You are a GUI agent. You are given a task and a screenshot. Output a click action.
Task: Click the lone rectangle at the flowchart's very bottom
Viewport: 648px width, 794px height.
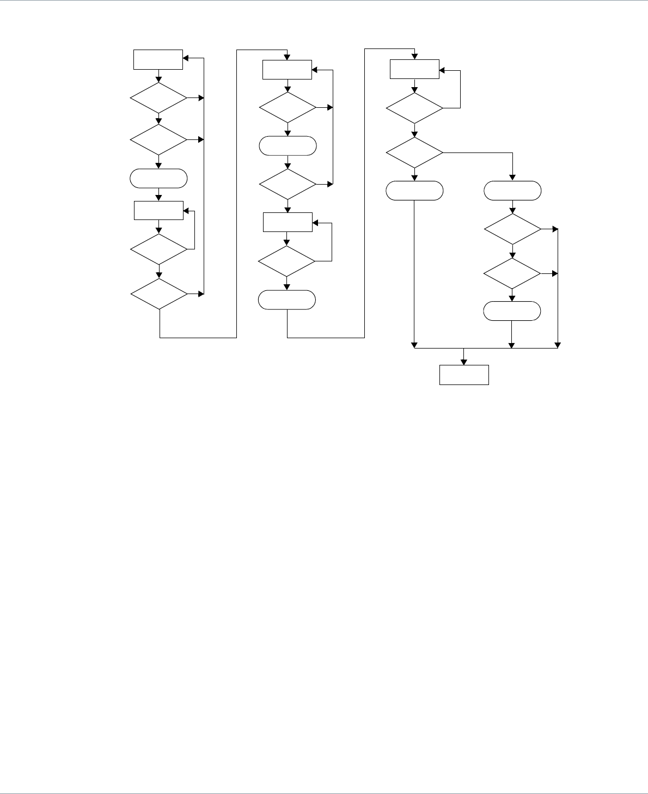click(x=464, y=375)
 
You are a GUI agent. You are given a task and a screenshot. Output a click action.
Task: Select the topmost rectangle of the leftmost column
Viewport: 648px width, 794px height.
click(x=158, y=59)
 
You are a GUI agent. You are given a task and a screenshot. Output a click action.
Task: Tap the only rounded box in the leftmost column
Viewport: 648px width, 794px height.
click(x=158, y=179)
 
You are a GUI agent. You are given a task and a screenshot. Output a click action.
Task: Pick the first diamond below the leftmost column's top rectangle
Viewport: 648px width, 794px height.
click(x=158, y=98)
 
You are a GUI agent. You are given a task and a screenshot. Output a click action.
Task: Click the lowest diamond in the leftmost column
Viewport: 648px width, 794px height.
click(x=158, y=295)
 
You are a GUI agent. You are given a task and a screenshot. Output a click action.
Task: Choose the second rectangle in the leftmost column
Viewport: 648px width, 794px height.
click(x=158, y=211)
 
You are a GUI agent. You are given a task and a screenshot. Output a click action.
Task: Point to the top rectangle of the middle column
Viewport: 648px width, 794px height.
click(x=288, y=70)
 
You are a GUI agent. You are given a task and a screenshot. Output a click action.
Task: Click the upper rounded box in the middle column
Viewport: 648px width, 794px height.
click(x=288, y=146)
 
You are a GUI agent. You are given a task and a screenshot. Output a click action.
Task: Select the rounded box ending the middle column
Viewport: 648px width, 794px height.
click(x=287, y=300)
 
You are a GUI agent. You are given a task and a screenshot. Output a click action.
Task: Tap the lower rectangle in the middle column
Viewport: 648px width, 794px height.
click(x=288, y=222)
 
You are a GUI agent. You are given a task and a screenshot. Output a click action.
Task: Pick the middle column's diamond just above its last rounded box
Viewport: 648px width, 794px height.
click(x=287, y=261)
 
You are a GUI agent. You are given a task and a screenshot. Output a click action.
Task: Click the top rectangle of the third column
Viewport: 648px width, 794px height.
click(x=415, y=69)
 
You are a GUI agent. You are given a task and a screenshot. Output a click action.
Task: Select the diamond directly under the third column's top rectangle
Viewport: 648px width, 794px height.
click(x=415, y=108)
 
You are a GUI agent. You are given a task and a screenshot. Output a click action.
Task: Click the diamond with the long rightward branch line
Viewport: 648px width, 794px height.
click(x=415, y=153)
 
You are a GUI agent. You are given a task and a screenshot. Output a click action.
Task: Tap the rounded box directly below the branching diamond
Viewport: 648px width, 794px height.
click(x=415, y=191)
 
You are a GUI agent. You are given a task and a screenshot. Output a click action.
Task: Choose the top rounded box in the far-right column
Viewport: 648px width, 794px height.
click(x=512, y=191)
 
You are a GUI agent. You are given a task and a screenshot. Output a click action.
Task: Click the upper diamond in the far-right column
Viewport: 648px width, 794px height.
click(x=512, y=229)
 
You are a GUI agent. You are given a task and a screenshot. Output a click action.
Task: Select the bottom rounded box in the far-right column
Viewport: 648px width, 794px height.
click(x=512, y=310)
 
